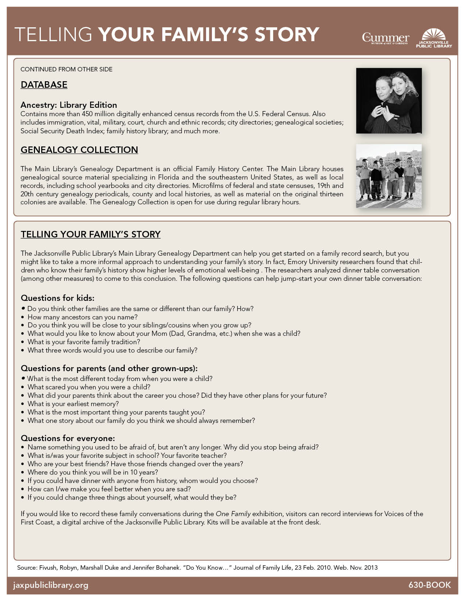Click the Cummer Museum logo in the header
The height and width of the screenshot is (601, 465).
(x=385, y=38)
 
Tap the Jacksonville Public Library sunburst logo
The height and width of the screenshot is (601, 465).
(x=434, y=38)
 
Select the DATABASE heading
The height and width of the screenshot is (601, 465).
(x=44, y=85)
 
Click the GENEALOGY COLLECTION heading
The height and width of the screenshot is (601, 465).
(x=79, y=150)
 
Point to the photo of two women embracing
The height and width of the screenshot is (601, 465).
(x=389, y=101)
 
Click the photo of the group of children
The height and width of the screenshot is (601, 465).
(x=389, y=176)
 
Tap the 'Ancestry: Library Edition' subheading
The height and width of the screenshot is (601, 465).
(x=69, y=105)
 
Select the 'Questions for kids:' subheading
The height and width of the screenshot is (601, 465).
(x=57, y=298)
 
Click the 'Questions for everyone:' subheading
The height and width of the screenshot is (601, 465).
(x=67, y=438)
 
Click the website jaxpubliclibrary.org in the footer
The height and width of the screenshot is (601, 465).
(x=51, y=585)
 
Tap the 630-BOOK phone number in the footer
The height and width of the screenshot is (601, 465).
(x=429, y=585)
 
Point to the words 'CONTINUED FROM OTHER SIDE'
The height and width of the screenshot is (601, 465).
(x=66, y=69)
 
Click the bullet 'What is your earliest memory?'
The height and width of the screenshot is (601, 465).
(x=73, y=404)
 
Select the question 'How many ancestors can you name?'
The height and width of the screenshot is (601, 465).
(x=82, y=317)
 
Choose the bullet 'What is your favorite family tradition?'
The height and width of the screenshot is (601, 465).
(x=84, y=342)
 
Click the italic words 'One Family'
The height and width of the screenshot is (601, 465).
(x=233, y=514)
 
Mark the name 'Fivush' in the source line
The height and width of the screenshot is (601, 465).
(x=47, y=567)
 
